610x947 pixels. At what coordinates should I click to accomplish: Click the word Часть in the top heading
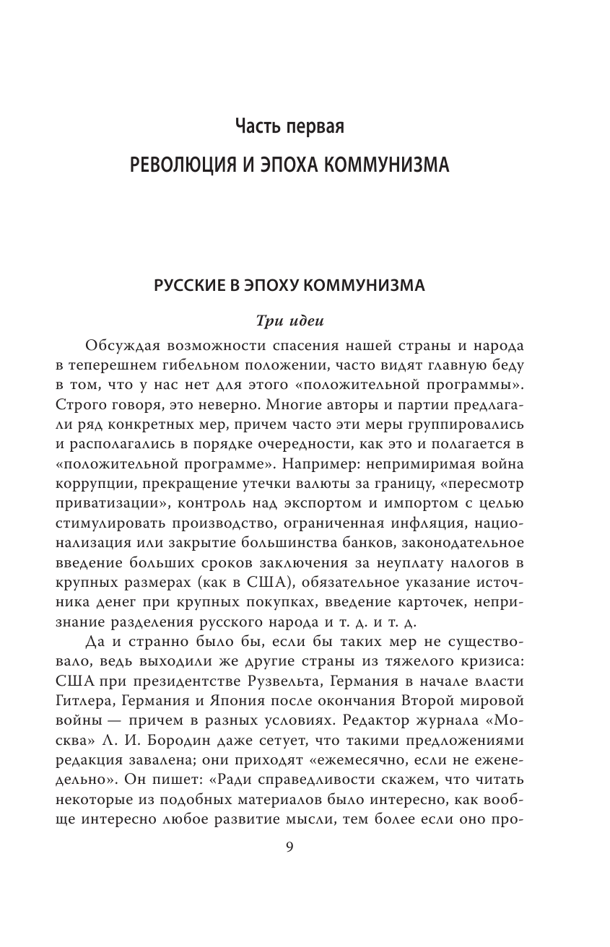coord(261,128)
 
